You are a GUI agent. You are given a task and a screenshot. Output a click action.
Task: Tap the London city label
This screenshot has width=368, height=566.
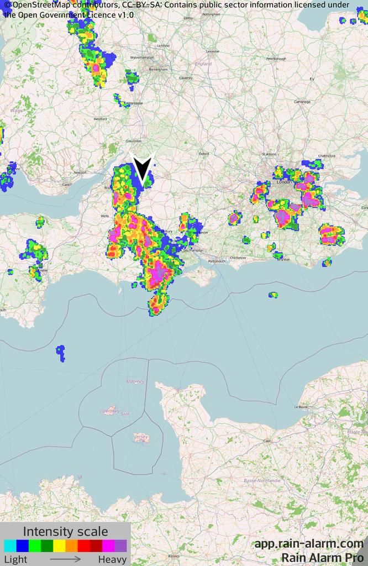(284, 182)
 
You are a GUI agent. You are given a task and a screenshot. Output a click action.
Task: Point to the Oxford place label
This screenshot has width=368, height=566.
(204, 154)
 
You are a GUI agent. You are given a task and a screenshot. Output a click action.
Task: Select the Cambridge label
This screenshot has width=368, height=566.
(302, 102)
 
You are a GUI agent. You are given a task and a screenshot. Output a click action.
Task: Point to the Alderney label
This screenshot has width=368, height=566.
(135, 381)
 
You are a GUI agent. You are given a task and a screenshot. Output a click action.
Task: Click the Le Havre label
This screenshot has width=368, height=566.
(301, 407)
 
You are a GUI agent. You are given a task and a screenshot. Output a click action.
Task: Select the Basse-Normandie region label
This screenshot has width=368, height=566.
(262, 480)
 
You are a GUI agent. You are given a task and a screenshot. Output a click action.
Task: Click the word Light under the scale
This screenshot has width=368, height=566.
(15, 559)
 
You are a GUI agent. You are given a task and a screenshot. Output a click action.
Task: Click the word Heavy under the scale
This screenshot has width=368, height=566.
(112, 559)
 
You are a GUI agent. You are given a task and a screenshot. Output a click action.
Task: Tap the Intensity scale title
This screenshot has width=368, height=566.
(65, 532)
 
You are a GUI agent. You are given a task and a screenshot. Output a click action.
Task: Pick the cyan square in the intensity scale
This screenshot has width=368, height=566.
(10, 546)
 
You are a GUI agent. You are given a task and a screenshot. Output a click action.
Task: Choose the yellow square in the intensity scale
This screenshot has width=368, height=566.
(59, 546)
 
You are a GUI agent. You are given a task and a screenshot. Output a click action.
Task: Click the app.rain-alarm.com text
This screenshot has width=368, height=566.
(309, 544)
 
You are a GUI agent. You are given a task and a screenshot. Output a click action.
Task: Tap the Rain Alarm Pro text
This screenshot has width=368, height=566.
(322, 558)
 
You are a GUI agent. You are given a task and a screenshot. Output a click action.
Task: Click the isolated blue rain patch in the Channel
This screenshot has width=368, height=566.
(60, 352)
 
